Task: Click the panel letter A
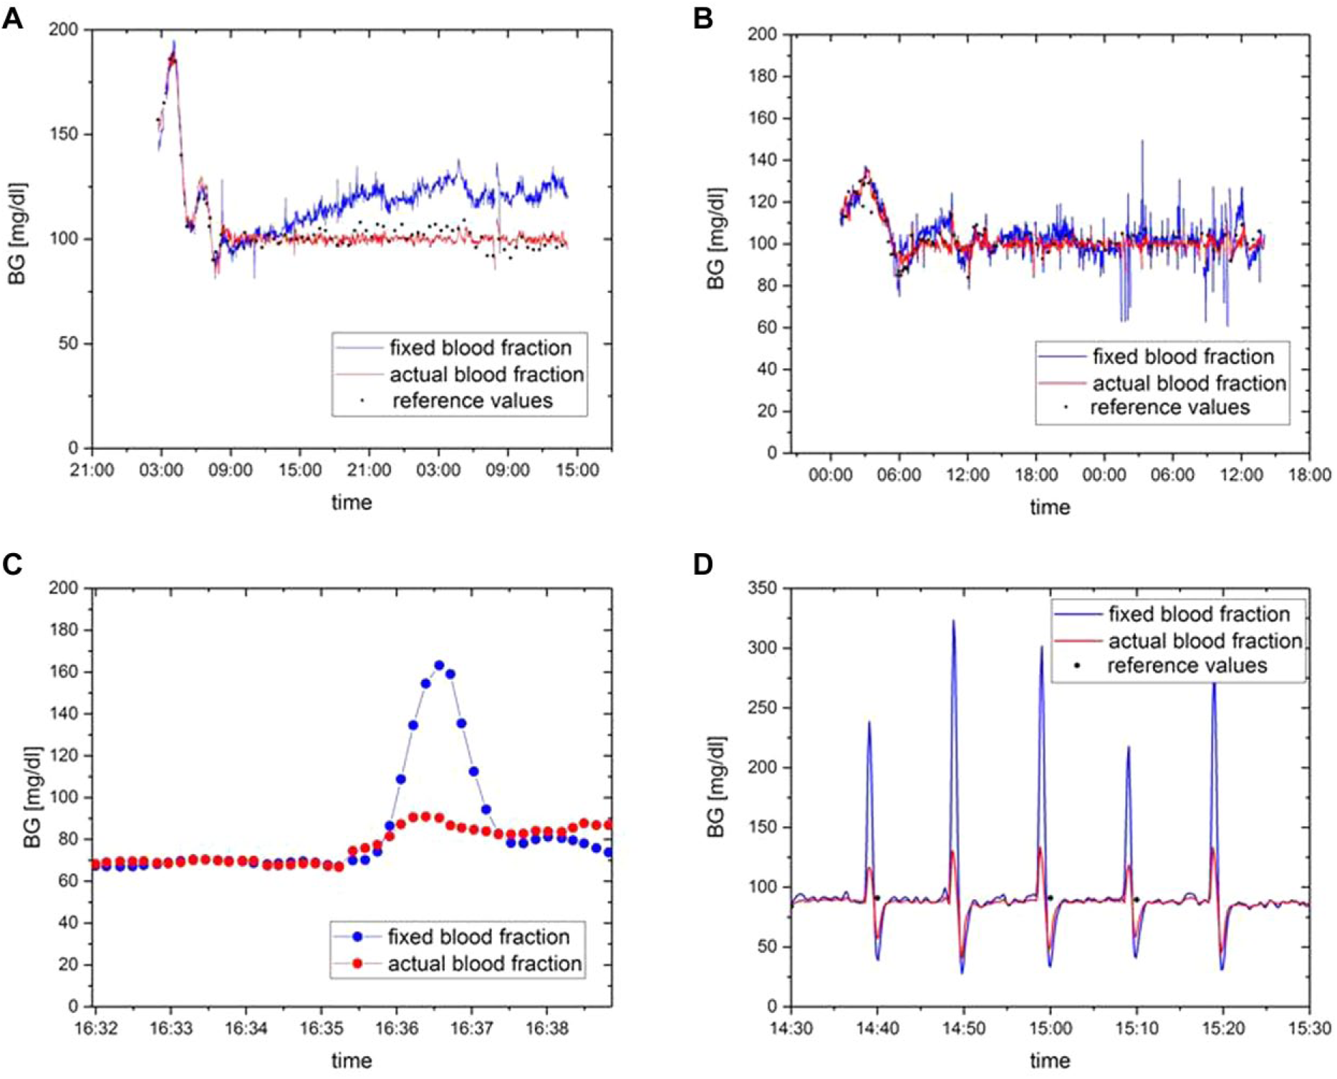click(12, 18)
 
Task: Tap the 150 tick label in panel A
click(64, 134)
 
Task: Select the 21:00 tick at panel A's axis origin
click(92, 470)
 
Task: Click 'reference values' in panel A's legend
click(472, 401)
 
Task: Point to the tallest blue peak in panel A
click(173, 42)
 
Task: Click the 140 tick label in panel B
click(762, 160)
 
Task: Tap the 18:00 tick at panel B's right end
click(1309, 475)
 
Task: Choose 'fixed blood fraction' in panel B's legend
click(1183, 357)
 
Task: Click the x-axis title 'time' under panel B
click(1050, 507)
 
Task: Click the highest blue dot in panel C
click(439, 665)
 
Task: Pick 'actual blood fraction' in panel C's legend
click(485, 964)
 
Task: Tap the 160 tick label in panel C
click(64, 672)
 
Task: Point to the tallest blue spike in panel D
click(953, 621)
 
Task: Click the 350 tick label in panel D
click(762, 588)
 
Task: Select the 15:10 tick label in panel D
click(1136, 1028)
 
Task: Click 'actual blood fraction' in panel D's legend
click(1205, 641)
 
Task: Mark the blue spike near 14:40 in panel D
click(869, 722)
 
